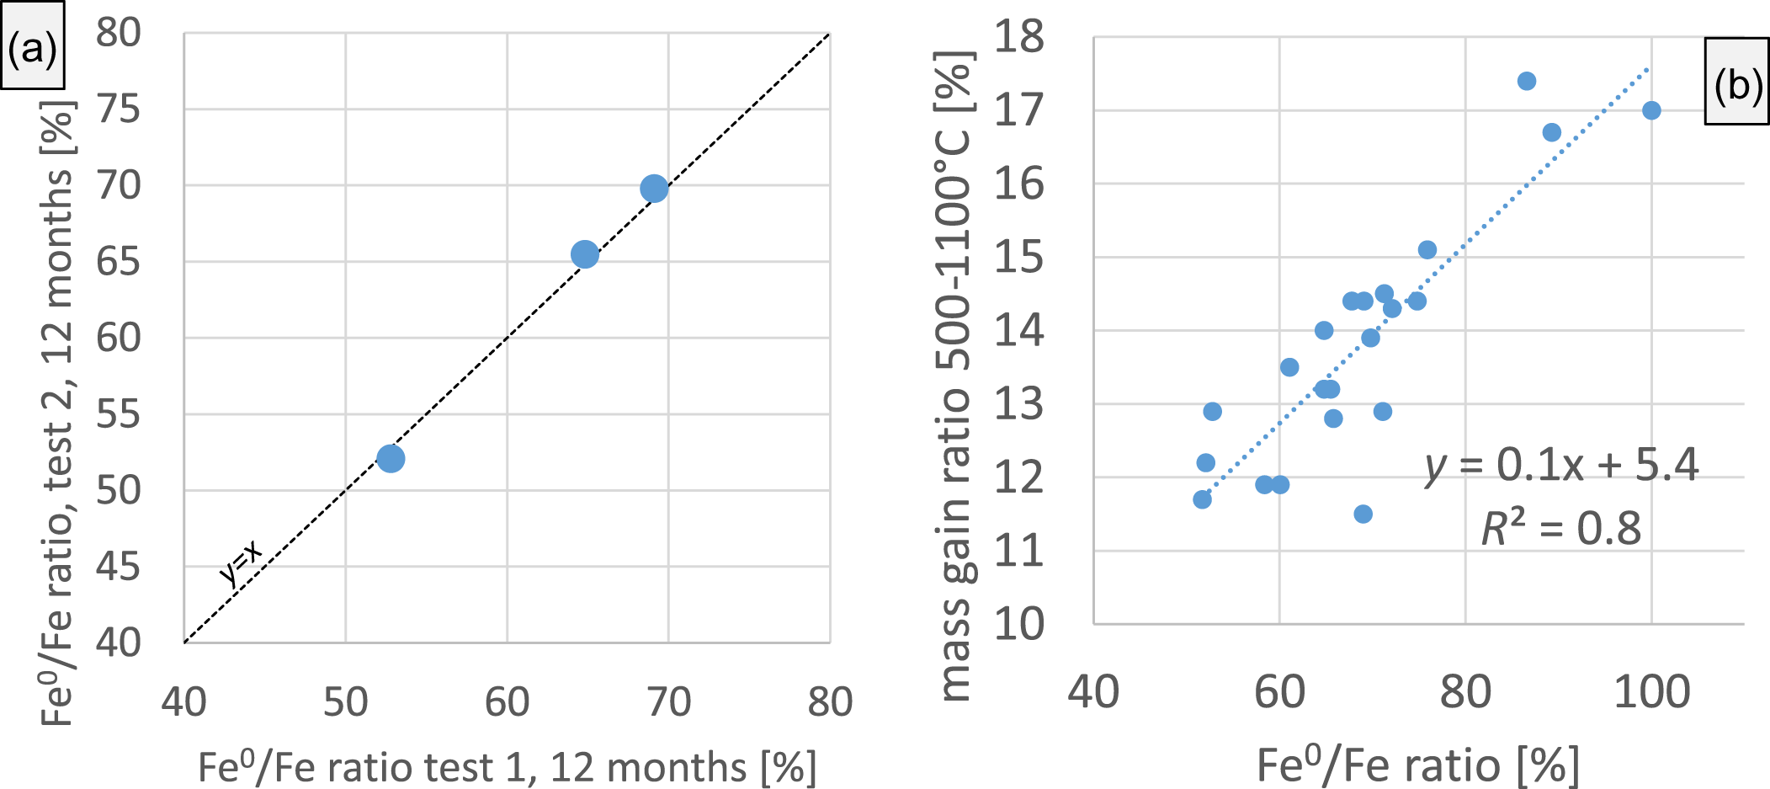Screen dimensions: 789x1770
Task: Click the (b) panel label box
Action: [x=1737, y=83]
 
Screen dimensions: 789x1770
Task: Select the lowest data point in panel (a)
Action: [x=391, y=459]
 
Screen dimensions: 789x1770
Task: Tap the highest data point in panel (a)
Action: [x=654, y=189]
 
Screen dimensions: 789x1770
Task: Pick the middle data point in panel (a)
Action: [x=585, y=254]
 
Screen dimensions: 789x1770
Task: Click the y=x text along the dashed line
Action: [x=241, y=563]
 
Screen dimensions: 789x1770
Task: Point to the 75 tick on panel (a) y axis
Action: [x=118, y=109]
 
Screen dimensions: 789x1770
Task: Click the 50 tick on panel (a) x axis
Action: [x=345, y=701]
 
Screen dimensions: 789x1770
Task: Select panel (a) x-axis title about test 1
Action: [x=507, y=767]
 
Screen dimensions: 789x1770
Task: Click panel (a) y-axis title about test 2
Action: [x=58, y=413]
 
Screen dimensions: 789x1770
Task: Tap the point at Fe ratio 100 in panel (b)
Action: [x=1651, y=110]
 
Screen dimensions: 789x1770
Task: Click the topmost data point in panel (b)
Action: [x=1527, y=81]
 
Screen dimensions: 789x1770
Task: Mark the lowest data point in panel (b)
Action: [x=1363, y=514]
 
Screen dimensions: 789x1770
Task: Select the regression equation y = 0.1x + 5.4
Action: [x=1561, y=465]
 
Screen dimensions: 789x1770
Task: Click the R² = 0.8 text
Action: [x=1561, y=529]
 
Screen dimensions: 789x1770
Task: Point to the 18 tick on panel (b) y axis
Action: [x=1018, y=37]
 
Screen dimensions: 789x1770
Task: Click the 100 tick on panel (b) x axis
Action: [x=1651, y=692]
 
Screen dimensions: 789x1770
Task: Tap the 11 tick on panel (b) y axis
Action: [x=1018, y=552]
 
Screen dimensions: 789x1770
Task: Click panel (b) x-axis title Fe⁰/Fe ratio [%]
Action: [x=1418, y=765]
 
